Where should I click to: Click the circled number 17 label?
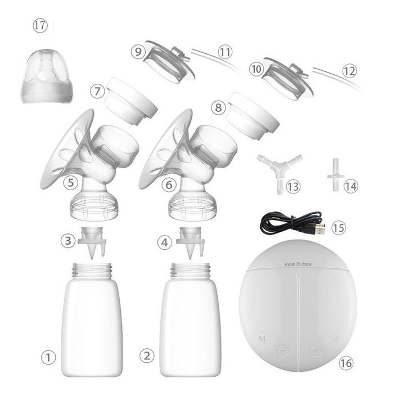pyautogui.click(x=40, y=26)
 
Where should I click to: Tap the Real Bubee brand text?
pyautogui.click(x=298, y=264)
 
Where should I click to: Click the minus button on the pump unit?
pyautogui.click(x=282, y=350)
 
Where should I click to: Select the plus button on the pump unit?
pyautogui.click(x=316, y=350)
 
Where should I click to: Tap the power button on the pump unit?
pyautogui.click(x=336, y=338)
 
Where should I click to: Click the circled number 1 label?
pyautogui.click(x=48, y=358)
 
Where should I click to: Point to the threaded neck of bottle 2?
pyautogui.click(x=190, y=271)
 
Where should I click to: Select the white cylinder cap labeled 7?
pyautogui.click(x=130, y=101)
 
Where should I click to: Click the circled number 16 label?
pyautogui.click(x=346, y=363)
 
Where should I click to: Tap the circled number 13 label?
pyautogui.click(x=293, y=186)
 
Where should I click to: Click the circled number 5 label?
pyautogui.click(x=70, y=182)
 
